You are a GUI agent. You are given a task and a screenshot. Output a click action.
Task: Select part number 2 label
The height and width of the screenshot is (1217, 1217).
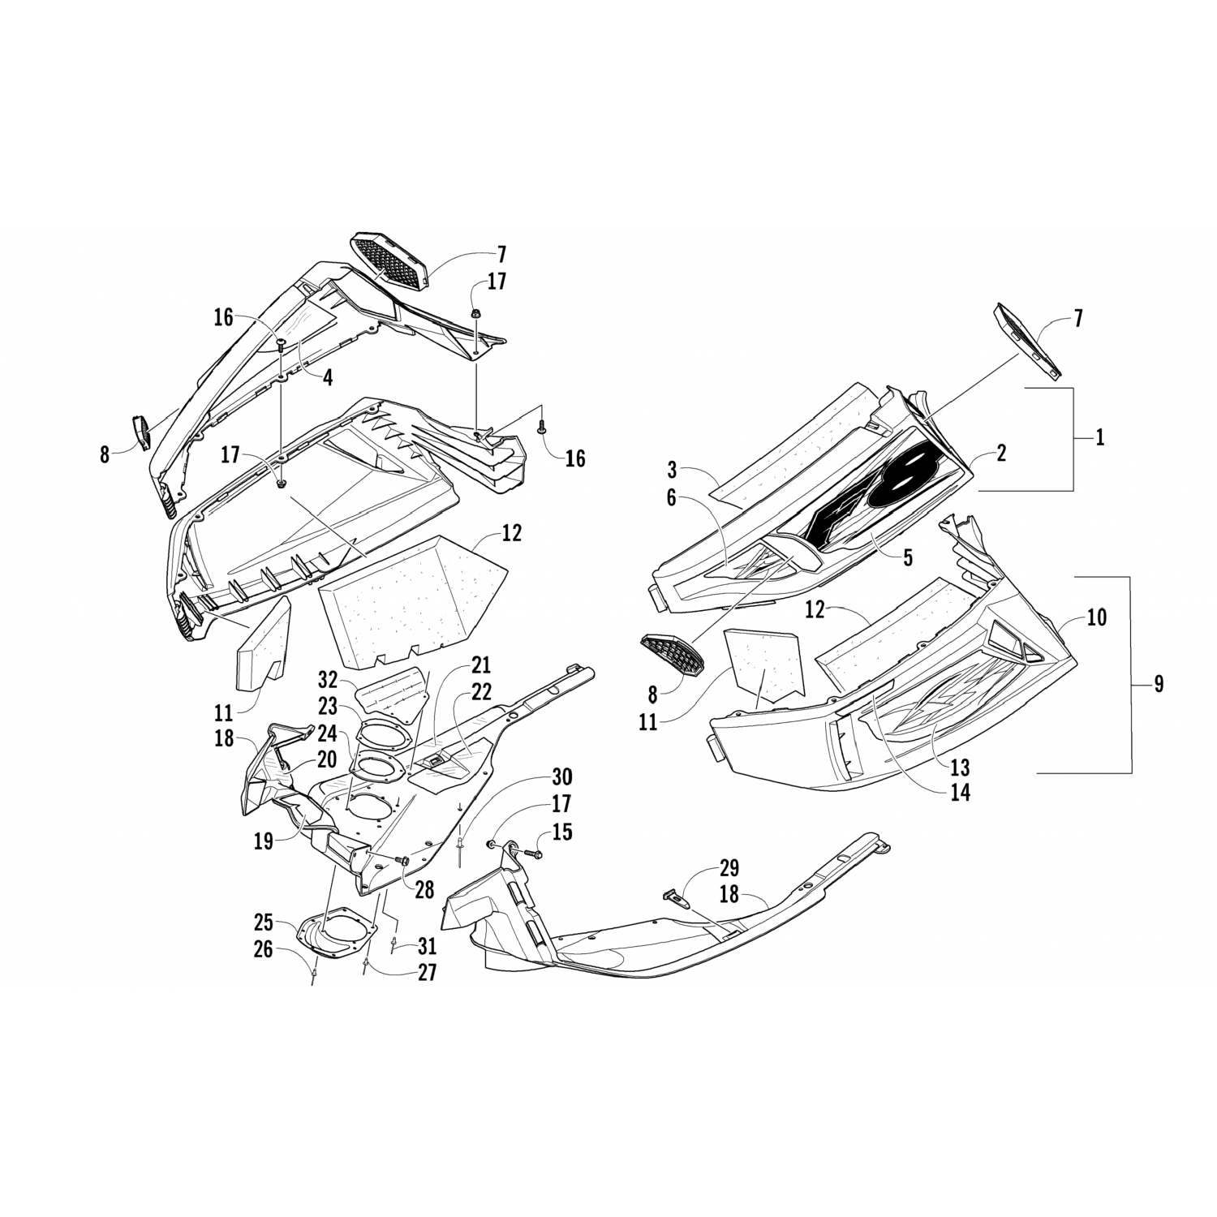(1001, 454)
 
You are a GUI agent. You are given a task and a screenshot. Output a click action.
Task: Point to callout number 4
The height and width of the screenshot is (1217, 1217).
(326, 377)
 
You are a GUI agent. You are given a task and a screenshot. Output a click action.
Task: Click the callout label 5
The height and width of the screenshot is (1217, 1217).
(907, 557)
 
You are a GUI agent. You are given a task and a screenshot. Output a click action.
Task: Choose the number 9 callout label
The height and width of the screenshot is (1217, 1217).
(1158, 684)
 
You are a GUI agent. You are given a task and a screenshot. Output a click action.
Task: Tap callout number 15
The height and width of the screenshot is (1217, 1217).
(562, 832)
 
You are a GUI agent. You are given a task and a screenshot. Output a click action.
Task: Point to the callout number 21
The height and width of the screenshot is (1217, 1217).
(481, 666)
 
